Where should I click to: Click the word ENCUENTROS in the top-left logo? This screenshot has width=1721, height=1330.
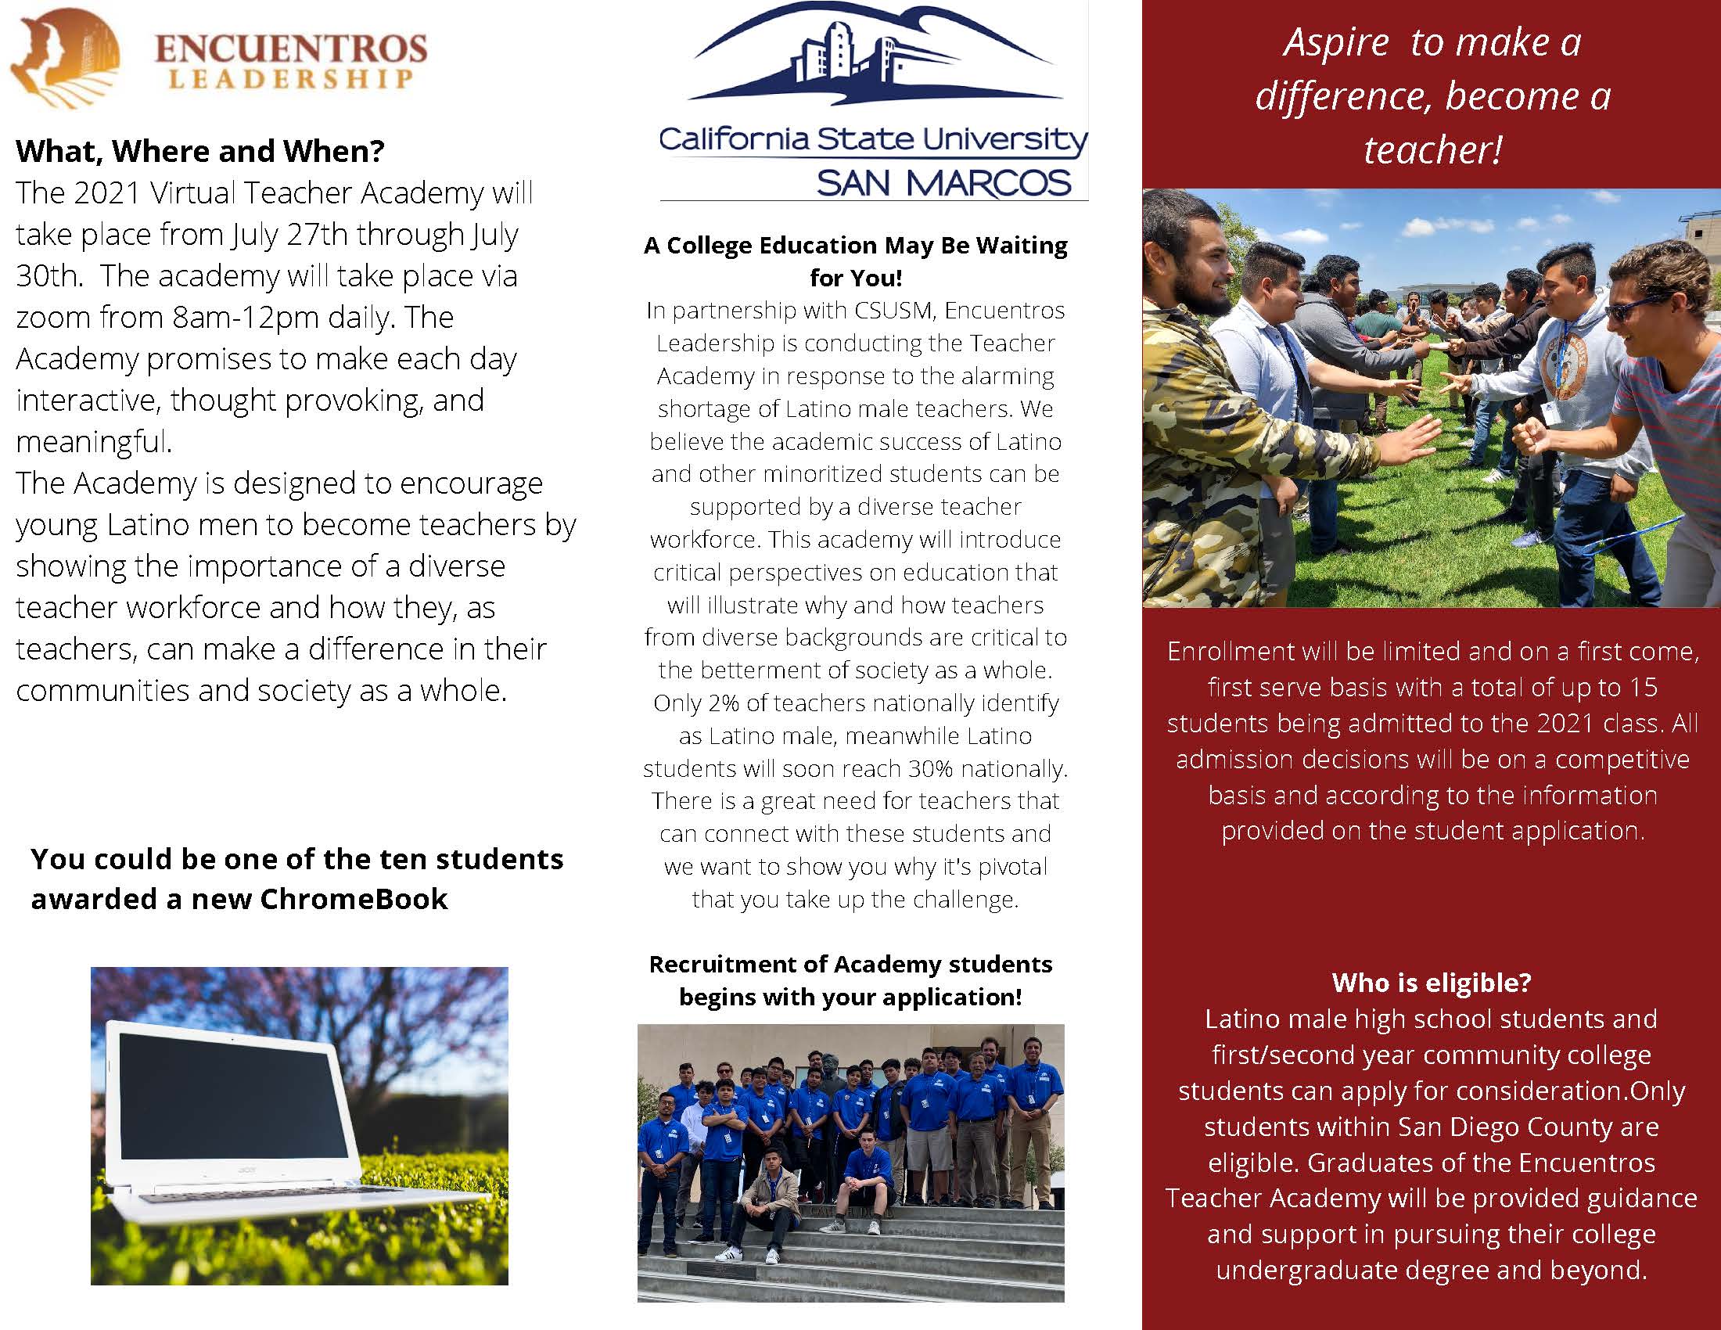point(291,49)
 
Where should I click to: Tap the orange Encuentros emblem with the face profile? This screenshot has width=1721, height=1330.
point(63,58)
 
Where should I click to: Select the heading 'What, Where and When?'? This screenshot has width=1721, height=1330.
point(200,151)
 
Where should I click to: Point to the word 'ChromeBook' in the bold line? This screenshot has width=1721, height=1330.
point(354,899)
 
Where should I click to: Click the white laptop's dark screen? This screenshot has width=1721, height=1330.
point(233,1106)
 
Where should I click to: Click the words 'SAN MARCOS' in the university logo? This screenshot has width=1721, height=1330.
point(943,184)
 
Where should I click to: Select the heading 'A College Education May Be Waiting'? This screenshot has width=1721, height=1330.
point(855,246)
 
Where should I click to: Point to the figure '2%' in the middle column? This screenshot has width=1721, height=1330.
point(724,703)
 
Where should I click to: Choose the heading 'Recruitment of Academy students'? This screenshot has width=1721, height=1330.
point(850,965)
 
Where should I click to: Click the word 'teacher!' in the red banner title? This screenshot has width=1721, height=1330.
point(1432,149)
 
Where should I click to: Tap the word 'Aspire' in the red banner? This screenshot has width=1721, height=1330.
point(1335,42)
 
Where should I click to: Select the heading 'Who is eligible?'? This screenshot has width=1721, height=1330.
point(1431,983)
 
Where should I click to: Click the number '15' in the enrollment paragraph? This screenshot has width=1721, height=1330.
point(1643,687)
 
